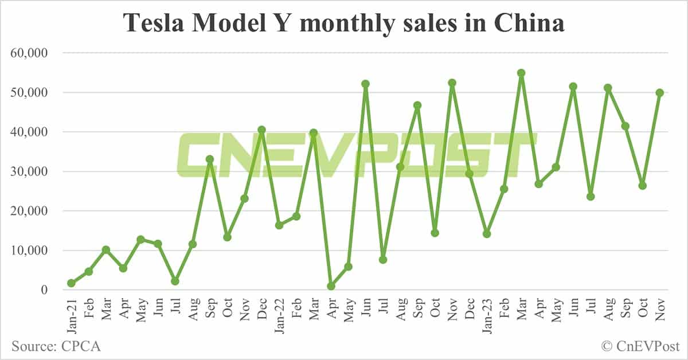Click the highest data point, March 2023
521,73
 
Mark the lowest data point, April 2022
331,286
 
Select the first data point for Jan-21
71,283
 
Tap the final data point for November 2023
659,93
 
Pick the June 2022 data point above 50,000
365,84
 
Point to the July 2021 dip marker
175,281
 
